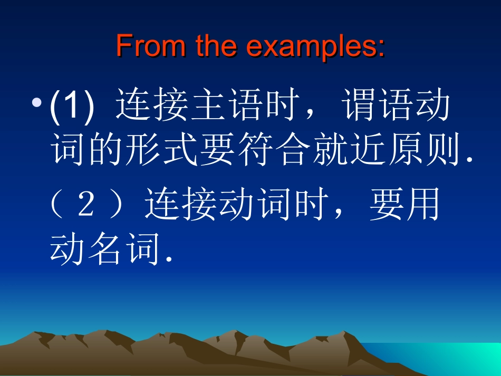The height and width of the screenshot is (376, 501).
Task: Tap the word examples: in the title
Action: [x=315, y=46]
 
